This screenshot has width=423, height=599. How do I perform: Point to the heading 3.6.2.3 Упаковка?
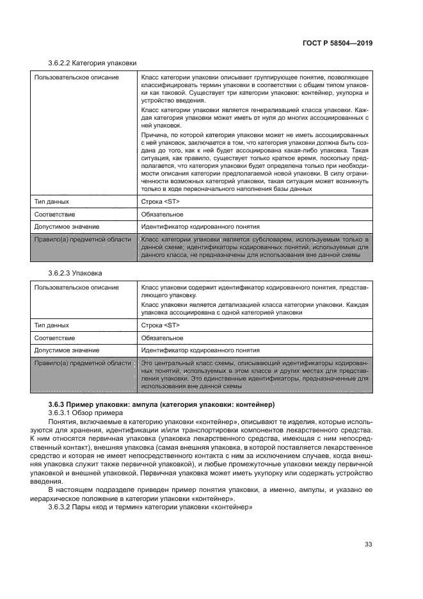click(75, 273)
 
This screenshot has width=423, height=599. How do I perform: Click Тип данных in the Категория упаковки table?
click(51, 201)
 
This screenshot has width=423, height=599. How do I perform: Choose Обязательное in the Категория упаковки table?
click(162, 214)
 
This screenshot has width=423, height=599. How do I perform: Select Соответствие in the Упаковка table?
click(54, 338)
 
